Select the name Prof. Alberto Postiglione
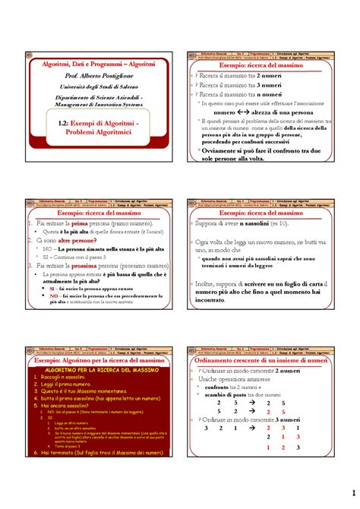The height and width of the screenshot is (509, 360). (90, 78)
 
